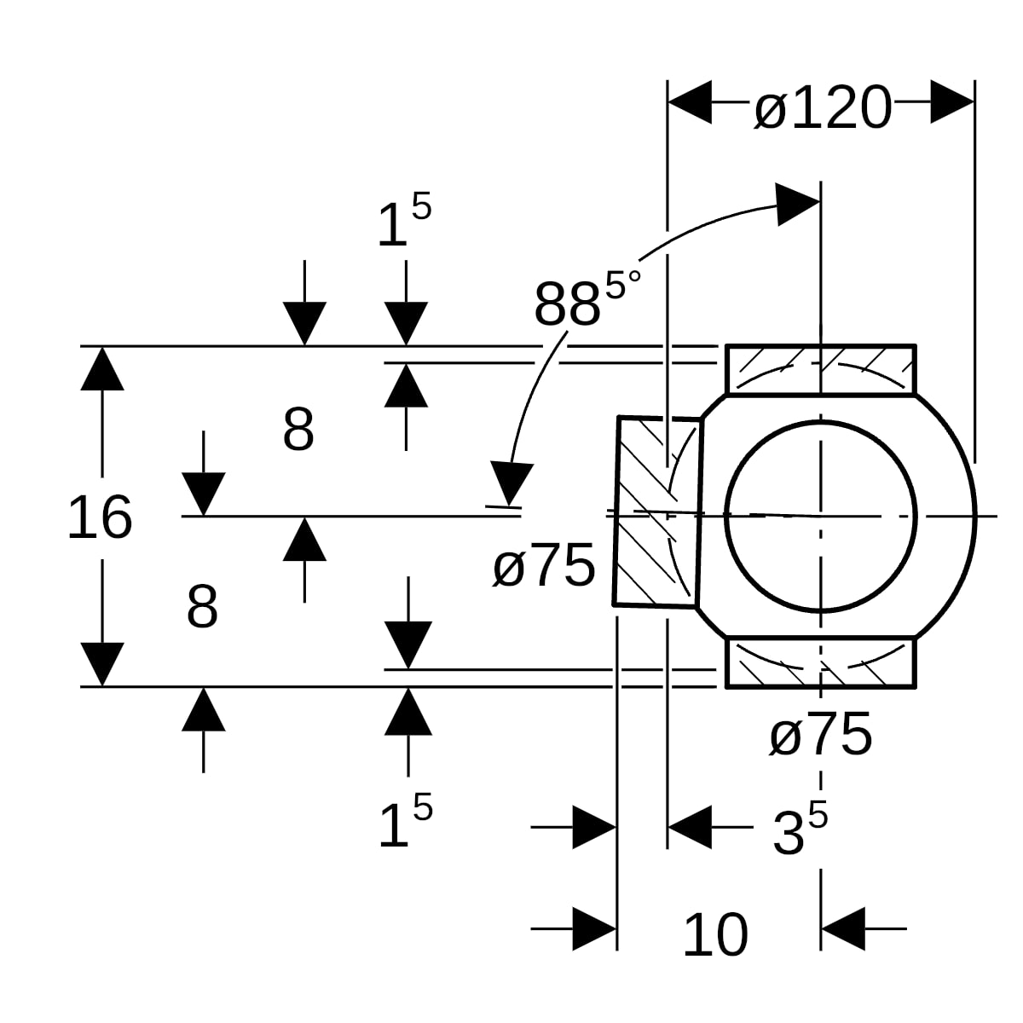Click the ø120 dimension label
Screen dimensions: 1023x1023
pyautogui.click(x=823, y=107)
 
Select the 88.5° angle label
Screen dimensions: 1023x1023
pyautogui.click(x=587, y=298)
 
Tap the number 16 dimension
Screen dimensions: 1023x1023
pyautogui.click(x=100, y=517)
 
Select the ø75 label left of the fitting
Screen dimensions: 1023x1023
pyautogui.click(x=544, y=565)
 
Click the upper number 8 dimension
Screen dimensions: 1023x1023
pyautogui.click(x=298, y=429)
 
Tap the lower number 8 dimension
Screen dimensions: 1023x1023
pyautogui.click(x=202, y=606)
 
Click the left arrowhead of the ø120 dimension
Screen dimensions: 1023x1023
pyautogui.click(x=690, y=102)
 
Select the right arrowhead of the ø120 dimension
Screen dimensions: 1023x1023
pyautogui.click(x=952, y=102)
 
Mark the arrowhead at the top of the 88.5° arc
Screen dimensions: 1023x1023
pyautogui.click(x=797, y=205)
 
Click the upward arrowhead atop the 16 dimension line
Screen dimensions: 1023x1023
pyautogui.click(x=102, y=368)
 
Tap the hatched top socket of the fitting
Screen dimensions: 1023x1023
pyautogui.click(x=821, y=371)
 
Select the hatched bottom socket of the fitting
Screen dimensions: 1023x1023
pyautogui.click(x=821, y=662)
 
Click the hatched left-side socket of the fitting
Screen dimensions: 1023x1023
pyautogui.click(x=658, y=511)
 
